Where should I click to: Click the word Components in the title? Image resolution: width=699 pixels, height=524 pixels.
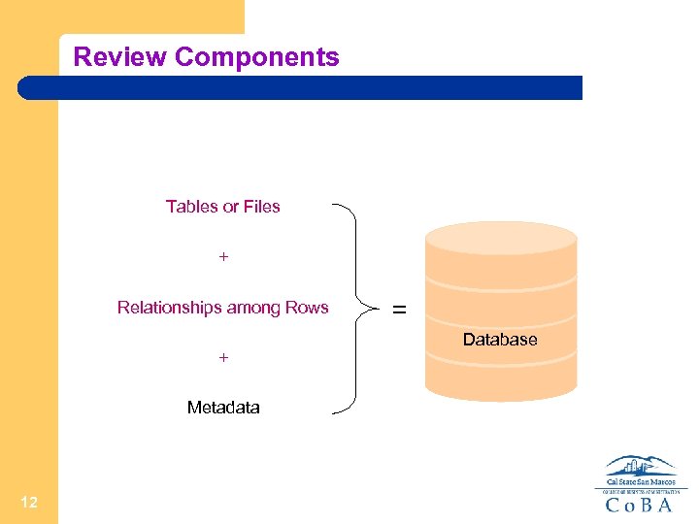click(256, 57)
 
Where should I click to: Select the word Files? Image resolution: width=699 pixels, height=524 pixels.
click(261, 207)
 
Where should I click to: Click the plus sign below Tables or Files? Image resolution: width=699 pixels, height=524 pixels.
click(223, 257)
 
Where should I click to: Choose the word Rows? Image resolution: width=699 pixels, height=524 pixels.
click(307, 309)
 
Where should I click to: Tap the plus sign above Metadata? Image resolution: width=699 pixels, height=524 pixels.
click(223, 358)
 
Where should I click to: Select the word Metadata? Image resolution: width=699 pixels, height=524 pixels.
click(223, 408)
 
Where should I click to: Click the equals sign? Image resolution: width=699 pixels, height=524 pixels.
click(399, 311)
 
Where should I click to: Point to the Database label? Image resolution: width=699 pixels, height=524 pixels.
click(500, 340)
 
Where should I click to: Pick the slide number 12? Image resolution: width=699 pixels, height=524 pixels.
click(28, 502)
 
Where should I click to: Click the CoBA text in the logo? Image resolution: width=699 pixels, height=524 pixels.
click(638, 505)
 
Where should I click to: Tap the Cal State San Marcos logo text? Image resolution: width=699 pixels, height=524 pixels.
click(640, 481)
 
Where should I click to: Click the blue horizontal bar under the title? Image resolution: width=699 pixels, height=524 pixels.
click(301, 88)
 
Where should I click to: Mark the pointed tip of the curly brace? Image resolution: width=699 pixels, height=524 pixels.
click(375, 309)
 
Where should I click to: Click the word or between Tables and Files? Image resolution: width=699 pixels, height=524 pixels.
click(230, 207)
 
